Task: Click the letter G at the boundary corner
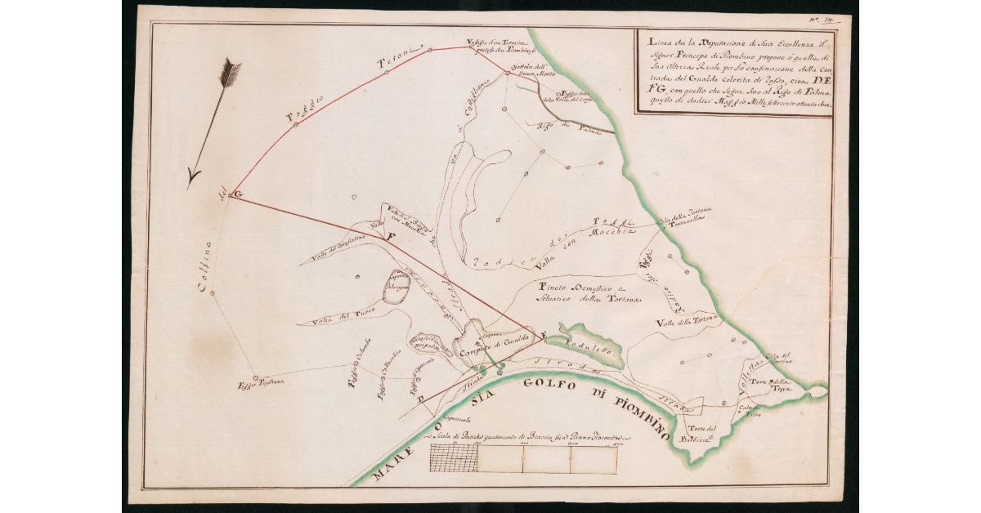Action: click(236, 194)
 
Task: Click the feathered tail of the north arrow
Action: click(231, 74)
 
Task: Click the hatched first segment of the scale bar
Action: click(453, 460)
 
